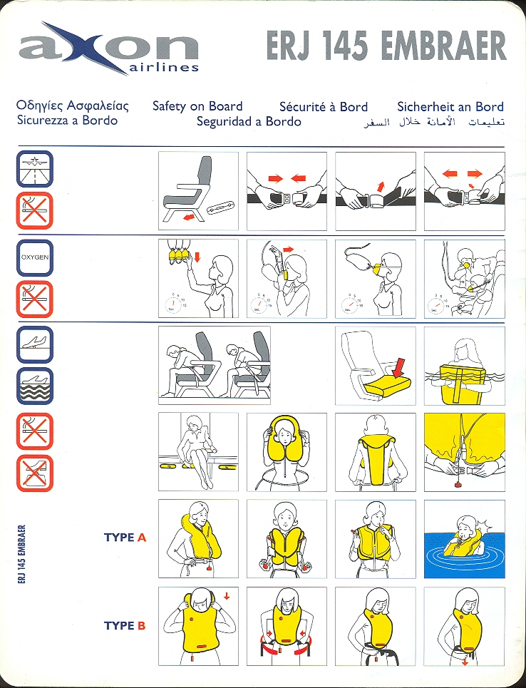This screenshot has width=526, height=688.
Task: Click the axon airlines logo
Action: pyautogui.click(x=109, y=48)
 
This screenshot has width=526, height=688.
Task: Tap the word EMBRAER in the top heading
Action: pyautogui.click(x=443, y=46)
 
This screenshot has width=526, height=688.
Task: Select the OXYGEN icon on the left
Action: pyautogui.click(x=35, y=257)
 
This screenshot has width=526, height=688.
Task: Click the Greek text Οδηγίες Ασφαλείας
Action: pyautogui.click(x=73, y=106)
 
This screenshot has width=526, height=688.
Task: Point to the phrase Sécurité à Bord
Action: pyautogui.click(x=324, y=107)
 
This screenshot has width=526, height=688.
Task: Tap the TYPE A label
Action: pyautogui.click(x=125, y=537)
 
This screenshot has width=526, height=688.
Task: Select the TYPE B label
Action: pyautogui.click(x=125, y=625)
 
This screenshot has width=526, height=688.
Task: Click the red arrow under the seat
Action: pyautogui.click(x=189, y=217)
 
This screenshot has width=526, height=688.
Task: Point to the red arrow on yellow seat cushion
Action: pyautogui.click(x=399, y=367)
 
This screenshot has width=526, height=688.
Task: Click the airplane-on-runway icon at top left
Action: pyautogui.click(x=35, y=169)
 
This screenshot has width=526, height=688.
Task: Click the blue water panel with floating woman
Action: pyautogui.click(x=465, y=554)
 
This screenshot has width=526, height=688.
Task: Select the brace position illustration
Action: pyautogui.click(x=215, y=365)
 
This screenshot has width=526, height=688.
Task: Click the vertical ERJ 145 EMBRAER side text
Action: pyautogui.click(x=22, y=554)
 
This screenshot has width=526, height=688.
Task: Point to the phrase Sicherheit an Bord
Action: pyautogui.click(x=450, y=107)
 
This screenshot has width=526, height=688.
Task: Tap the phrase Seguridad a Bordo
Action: pyautogui.click(x=249, y=121)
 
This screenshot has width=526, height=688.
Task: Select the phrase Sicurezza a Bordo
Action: pyautogui.click(x=67, y=120)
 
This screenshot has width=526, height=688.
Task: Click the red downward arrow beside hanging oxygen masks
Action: pyautogui.click(x=197, y=256)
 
